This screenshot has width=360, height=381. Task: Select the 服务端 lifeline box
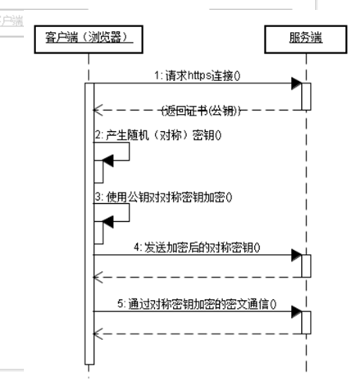303,38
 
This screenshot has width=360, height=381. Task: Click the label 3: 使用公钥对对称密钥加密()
164,197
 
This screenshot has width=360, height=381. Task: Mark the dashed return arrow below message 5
197,333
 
